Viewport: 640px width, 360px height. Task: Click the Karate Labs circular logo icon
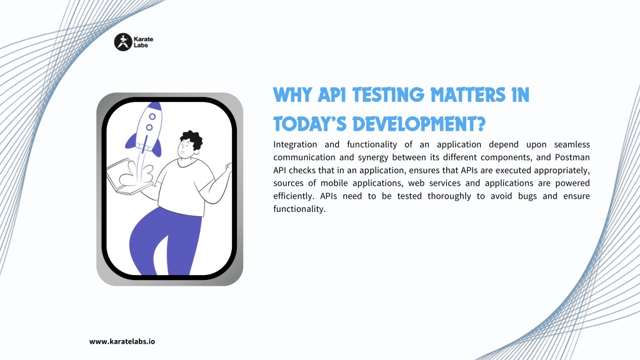pos(123,42)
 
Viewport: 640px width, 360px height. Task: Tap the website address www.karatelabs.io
pos(122,342)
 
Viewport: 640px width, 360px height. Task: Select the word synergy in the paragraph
pos(372,157)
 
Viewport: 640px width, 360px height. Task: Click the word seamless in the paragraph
pos(572,144)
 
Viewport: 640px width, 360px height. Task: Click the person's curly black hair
pos(192,139)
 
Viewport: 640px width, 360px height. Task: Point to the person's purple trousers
pos(165,241)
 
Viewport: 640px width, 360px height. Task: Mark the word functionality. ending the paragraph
pos(299,209)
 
